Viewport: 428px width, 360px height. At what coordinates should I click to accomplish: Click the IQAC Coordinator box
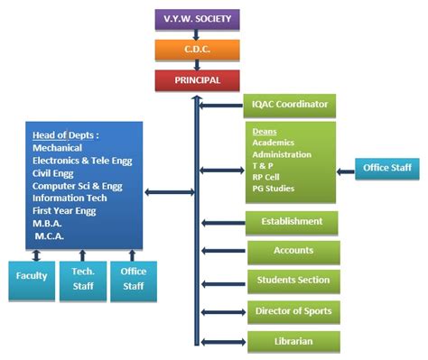point(290,105)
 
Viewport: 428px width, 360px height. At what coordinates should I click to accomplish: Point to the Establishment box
point(292,222)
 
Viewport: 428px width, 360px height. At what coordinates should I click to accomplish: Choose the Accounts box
point(293,252)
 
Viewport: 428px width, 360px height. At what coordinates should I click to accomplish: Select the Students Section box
point(293,282)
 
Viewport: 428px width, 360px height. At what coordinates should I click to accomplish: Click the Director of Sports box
point(293,312)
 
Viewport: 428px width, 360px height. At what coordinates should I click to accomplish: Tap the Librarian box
point(293,342)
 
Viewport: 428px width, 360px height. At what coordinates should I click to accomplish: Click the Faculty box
point(33,280)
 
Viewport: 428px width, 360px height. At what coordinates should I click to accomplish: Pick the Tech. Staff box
point(82,280)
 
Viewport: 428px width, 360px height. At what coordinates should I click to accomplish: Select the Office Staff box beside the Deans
point(387,169)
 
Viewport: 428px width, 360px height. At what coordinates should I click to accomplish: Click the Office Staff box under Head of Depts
point(133,280)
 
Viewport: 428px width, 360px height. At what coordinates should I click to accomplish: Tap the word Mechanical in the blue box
point(57,148)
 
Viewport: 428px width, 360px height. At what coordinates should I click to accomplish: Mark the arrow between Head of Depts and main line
point(170,191)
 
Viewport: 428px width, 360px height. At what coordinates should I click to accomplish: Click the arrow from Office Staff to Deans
point(346,169)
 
